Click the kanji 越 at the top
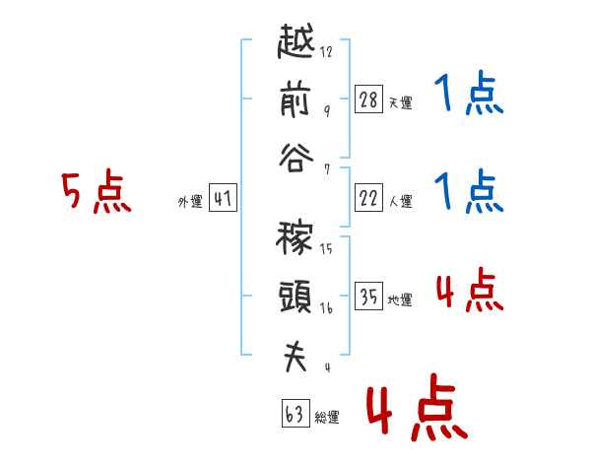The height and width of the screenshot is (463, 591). coord(295,41)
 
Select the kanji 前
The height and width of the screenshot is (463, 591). coord(295,100)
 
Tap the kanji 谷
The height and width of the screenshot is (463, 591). coord(295,158)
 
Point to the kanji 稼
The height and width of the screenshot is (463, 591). coord(295,238)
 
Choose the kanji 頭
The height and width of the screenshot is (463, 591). coord(295,297)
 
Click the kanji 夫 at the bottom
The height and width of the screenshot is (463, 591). coord(295,357)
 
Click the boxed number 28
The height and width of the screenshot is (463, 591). coord(368,99)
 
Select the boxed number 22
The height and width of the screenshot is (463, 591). coord(368,198)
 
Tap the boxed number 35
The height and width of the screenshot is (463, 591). coord(368,296)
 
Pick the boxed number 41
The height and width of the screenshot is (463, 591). coord(223,198)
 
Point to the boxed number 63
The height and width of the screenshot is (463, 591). coord(295,414)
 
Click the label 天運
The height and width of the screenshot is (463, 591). coord(401,102)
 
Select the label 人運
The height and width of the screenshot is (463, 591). coord(401,201)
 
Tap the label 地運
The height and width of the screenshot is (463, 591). coord(400,299)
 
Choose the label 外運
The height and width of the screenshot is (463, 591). coord(190,202)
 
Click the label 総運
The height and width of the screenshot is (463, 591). coord(327,417)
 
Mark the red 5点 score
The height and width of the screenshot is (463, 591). coord(97,190)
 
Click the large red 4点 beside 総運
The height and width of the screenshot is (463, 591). coord(418,408)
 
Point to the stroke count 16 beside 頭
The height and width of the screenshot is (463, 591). coord(326,308)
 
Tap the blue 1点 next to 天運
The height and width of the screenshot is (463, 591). coord(469,93)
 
